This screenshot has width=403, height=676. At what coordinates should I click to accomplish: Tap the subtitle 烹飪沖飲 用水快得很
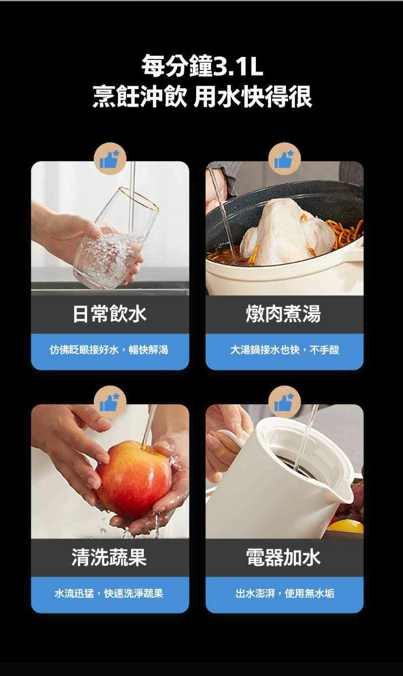(x=202, y=96)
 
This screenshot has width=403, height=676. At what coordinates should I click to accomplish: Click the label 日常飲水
(x=110, y=314)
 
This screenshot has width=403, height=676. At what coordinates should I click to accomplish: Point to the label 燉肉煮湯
(x=284, y=314)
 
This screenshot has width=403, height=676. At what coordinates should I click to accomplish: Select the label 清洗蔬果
(x=110, y=557)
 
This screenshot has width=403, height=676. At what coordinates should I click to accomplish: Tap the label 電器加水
(x=284, y=557)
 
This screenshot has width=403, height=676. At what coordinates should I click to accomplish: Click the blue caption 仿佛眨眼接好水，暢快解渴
(x=110, y=350)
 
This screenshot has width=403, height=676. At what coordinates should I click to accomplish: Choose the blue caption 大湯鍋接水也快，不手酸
(x=284, y=350)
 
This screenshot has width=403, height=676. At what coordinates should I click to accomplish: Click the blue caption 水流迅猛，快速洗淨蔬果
(x=110, y=593)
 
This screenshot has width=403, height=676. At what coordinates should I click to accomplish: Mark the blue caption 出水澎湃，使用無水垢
(x=284, y=593)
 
